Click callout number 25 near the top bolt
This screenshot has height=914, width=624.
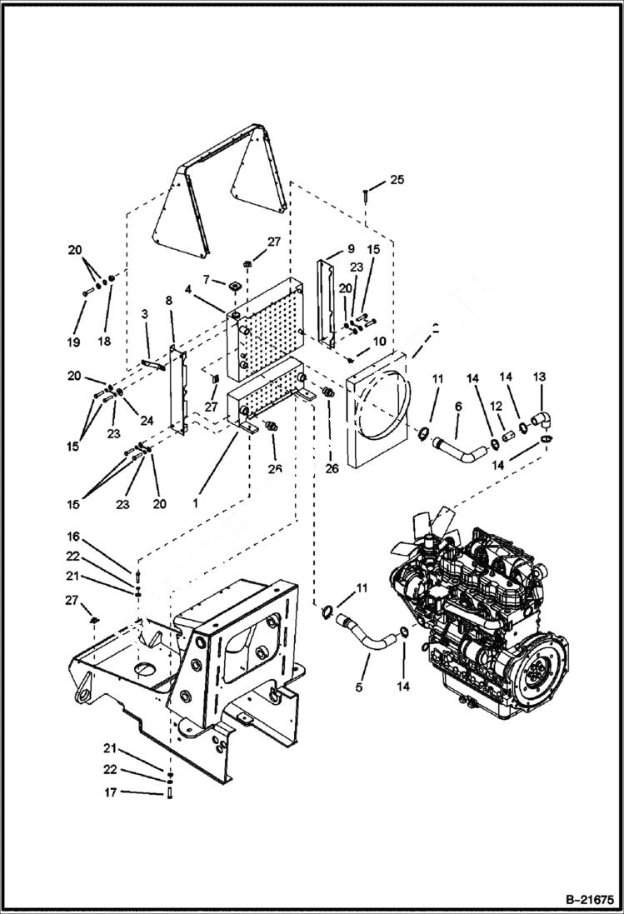coord(397,180)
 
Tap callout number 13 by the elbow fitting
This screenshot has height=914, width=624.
coord(538,377)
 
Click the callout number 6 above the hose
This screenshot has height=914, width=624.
coord(457,405)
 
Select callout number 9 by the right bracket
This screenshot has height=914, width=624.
coord(351,247)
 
